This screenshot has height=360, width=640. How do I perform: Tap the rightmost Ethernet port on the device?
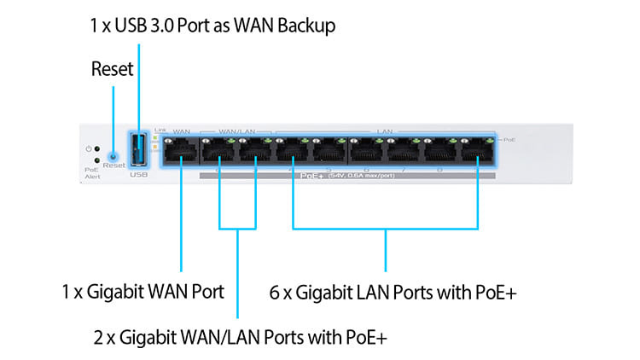(478, 153)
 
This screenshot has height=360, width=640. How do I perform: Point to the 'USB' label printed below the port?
(139, 175)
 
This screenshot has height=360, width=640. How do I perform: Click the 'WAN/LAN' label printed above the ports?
(237, 132)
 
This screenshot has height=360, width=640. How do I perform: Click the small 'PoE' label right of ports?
(509, 139)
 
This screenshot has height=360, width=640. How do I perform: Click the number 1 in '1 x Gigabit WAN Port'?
(66, 292)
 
